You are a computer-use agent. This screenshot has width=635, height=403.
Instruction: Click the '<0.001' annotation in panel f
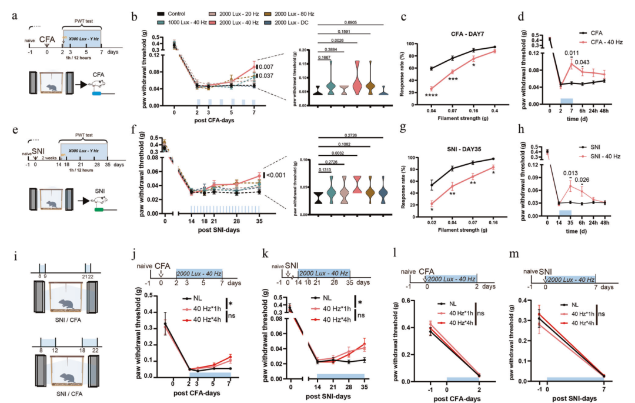point(276,175)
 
